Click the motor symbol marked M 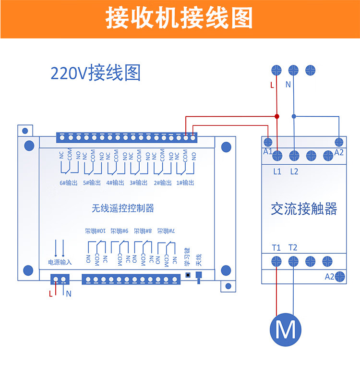pyautogui.click(x=286, y=330)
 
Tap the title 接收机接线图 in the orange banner pyautogui.click(x=179, y=19)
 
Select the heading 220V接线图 pyautogui.click(x=96, y=73)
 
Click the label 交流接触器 pyautogui.click(x=303, y=208)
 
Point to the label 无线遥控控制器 pyautogui.click(x=123, y=208)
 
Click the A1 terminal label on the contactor pyautogui.click(x=267, y=152)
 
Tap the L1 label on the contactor pyautogui.click(x=277, y=171)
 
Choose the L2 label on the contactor pyautogui.click(x=294, y=171)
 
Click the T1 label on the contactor pyautogui.click(x=276, y=248)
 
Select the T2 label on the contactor pyautogui.click(x=293, y=248)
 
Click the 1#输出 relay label pyautogui.click(x=185, y=183)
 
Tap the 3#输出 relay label pyautogui.click(x=139, y=183)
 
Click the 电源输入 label pyautogui.click(x=60, y=262)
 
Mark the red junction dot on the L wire pyautogui.click(x=276, y=116)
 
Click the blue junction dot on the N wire pyautogui.click(x=294, y=116)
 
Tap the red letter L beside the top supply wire pyautogui.click(x=272, y=85)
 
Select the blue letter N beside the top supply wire pyautogui.click(x=288, y=85)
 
